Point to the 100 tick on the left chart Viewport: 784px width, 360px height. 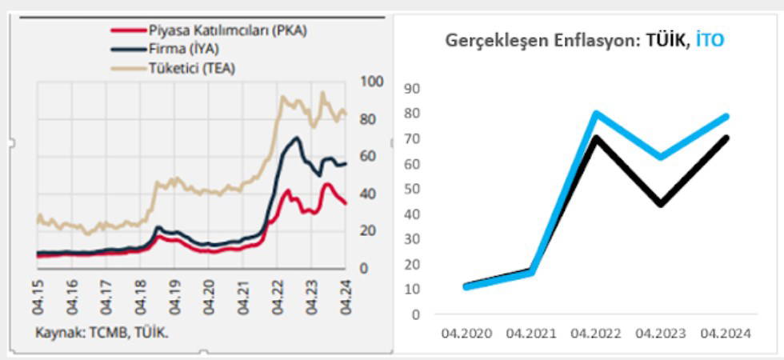click(x=373, y=82)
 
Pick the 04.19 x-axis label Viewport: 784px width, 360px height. click(x=174, y=298)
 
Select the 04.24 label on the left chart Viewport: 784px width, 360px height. click(x=346, y=298)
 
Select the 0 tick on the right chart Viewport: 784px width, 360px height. click(x=416, y=314)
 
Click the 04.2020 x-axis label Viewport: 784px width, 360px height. click(x=466, y=334)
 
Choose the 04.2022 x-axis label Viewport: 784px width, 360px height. click(x=597, y=334)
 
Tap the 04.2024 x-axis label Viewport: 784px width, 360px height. click(x=726, y=334)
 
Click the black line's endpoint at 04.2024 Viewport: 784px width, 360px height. click(x=726, y=138)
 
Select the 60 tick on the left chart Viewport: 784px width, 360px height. click(x=370, y=156)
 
